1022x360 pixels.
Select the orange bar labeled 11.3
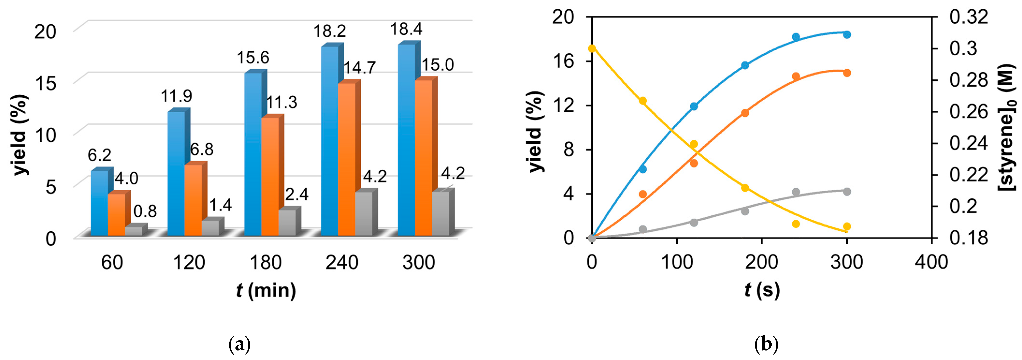pyautogui.click(x=270, y=177)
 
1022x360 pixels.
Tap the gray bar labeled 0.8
pyautogui.click(x=134, y=232)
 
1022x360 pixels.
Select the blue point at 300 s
pyautogui.click(x=847, y=34)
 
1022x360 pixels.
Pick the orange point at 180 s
pyautogui.click(x=745, y=113)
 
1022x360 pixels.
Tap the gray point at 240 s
pyautogui.click(x=796, y=192)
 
